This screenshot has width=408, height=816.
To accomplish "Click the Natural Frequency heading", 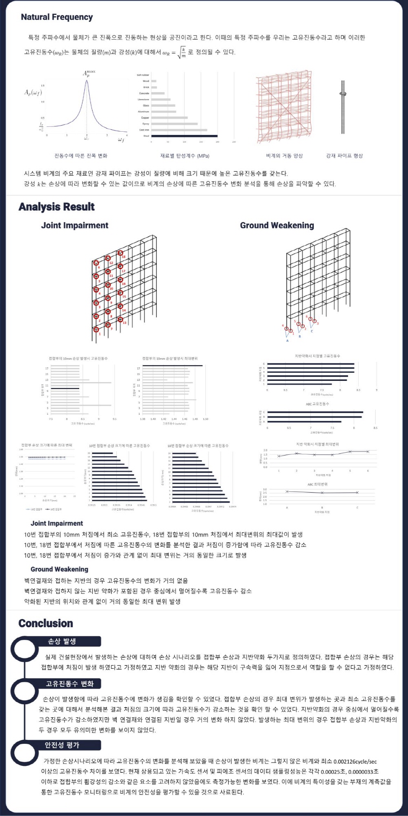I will tap(57, 17).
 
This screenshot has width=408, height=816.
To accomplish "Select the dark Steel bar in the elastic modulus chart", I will tap(184, 136).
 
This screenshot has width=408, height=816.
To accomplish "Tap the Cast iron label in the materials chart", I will tap(144, 130).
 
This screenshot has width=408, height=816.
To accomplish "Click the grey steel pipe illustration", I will tap(343, 107).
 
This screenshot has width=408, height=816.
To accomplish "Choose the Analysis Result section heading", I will tap(57, 207).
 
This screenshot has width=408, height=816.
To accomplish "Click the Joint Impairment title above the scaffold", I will tap(75, 226).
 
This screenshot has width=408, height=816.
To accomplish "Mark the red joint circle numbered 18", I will tap(120, 253).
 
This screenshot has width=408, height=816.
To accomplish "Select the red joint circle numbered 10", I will tap(108, 285).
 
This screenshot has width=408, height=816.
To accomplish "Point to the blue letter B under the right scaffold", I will tap(299, 336).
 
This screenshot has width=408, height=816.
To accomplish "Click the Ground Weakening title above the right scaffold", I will tap(277, 226).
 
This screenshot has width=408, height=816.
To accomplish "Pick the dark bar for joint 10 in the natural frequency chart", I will tap(65, 389).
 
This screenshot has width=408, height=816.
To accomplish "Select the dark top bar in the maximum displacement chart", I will tap(172, 365).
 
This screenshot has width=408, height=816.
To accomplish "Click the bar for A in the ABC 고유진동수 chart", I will tap(304, 422).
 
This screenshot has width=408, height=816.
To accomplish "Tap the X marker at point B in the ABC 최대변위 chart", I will tap(322, 493).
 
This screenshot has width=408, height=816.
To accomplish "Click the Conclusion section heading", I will tap(46, 624).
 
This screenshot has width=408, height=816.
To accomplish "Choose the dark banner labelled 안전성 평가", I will tap(62, 745).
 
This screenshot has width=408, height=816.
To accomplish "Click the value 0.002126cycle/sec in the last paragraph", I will tap(355, 761).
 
